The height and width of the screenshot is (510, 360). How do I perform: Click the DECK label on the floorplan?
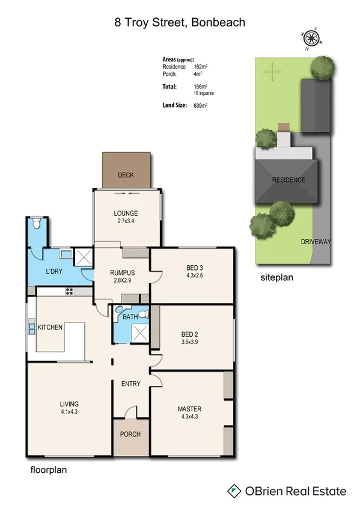click(126, 176)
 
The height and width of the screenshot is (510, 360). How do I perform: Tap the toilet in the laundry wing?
click(37, 225)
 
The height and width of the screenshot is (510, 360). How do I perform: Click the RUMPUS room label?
click(122, 272)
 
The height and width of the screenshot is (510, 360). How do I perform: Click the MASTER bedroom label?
click(189, 409)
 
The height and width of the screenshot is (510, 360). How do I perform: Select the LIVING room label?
click(69, 404)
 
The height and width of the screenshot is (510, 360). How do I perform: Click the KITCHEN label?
click(50, 328)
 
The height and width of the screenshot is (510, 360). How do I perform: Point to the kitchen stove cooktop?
click(69, 292)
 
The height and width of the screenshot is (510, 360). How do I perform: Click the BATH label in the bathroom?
click(130, 316)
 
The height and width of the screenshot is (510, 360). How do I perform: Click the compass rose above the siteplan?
click(311, 38)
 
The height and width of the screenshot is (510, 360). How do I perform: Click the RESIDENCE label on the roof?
click(288, 180)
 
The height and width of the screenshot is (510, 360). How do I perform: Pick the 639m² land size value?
click(200, 105)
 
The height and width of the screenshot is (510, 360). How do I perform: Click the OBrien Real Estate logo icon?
click(234, 491)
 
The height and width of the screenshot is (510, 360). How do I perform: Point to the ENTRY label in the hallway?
click(130, 384)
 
